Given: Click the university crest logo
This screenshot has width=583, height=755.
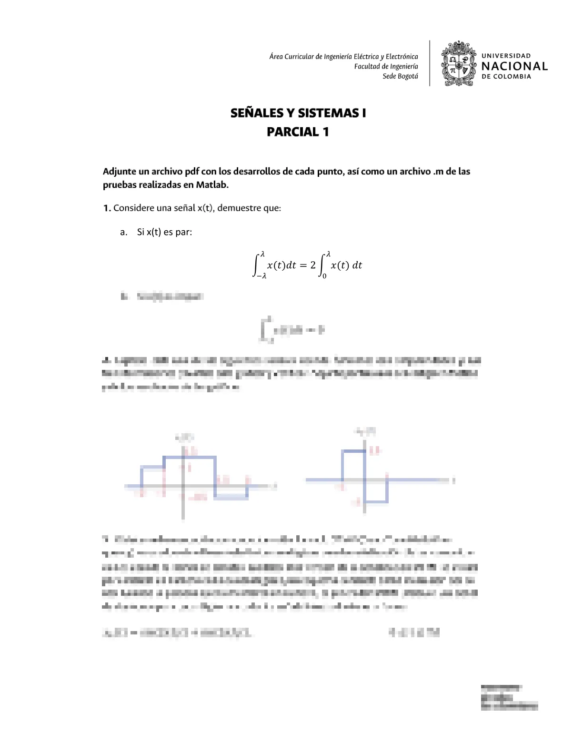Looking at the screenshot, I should pos(458,63).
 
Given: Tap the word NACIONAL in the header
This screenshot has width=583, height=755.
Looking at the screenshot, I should pos(514,66).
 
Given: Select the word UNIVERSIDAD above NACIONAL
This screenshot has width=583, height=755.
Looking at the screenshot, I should pos(506,56).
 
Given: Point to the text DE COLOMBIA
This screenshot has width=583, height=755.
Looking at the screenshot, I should pos(506,77).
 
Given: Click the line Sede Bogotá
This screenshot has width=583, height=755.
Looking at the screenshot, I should pos(400,76).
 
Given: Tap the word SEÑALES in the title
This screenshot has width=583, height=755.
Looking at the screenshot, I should pos(257,113).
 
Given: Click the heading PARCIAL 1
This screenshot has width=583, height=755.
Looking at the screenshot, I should pos(298,132).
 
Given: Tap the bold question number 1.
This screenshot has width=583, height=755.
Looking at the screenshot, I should pos(107,208).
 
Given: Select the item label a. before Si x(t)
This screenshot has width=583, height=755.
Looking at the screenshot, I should pos(124,232).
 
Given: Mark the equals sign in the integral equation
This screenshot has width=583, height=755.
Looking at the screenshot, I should pos(303,265).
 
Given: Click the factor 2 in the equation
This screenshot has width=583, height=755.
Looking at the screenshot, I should pos(313,265).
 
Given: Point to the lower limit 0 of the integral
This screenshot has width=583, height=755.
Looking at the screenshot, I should pos(324,276).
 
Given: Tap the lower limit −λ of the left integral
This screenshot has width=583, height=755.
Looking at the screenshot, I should pos(261,276).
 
